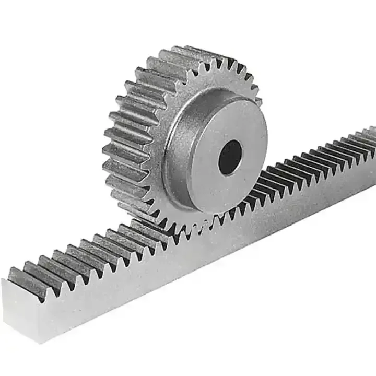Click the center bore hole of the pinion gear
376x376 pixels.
[230, 157]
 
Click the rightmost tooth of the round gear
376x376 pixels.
[258, 99]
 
